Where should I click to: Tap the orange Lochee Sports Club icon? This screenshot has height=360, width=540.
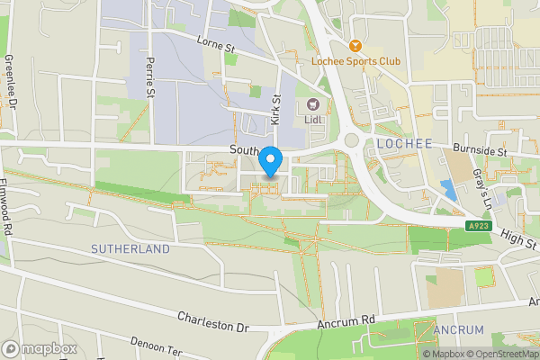pos(356,46)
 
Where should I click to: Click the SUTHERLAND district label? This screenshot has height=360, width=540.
pos(130,247)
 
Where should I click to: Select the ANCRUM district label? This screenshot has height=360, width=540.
pos(458,330)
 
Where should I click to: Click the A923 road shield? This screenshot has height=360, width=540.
pos(453,227)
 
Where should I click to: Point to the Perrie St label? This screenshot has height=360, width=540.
pos(150,79)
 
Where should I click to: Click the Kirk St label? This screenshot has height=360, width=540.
pos(276,110)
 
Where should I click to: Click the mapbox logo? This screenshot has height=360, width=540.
pos(40,348)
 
